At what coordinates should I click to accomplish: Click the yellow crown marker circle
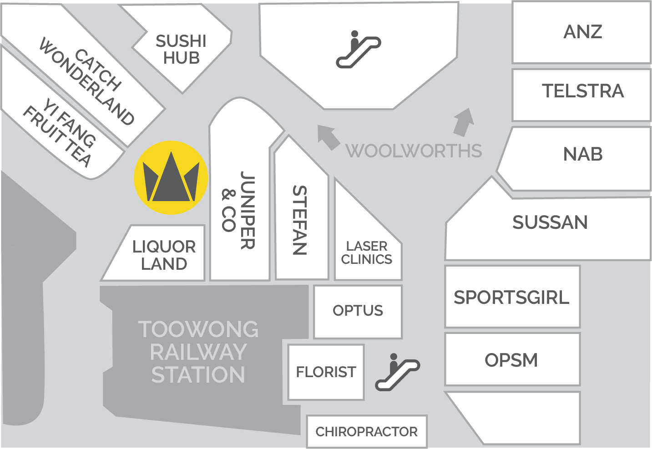171,177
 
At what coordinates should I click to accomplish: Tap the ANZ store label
582,32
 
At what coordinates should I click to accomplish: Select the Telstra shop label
582,91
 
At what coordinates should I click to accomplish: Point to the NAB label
582,154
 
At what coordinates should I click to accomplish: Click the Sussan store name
550,222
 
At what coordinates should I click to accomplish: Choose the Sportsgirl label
511,298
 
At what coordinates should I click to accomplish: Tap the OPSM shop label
511,360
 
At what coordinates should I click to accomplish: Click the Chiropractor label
366,432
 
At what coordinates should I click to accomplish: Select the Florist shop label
326,372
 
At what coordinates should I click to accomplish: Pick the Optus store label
358,311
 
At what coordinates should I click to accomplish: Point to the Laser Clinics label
367,253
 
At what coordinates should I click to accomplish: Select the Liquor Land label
164,255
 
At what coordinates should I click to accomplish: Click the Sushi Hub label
181,49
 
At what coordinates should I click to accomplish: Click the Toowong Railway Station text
198,352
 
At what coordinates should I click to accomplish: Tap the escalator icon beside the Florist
397,372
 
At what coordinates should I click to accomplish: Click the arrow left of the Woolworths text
329,136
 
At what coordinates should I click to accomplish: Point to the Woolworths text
414,151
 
